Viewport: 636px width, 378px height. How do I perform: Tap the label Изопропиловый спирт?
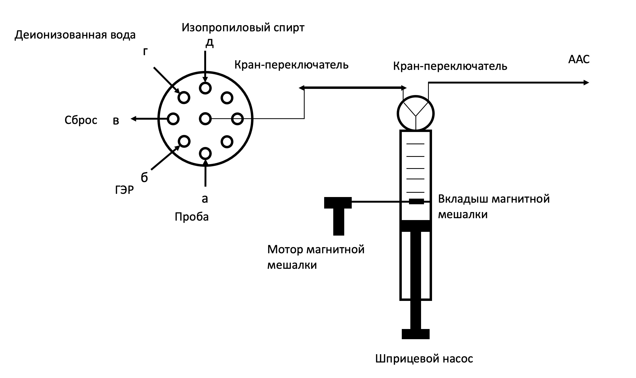click(243, 28)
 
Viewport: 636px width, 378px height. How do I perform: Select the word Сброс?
click(81, 120)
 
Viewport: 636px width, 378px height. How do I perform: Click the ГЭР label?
click(124, 190)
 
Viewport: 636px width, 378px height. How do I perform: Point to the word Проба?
click(192, 217)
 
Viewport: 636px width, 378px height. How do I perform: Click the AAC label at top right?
click(579, 59)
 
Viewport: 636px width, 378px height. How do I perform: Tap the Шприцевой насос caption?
click(424, 359)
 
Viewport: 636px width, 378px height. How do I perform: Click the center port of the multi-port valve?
click(205, 119)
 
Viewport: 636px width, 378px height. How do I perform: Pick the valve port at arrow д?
click(205, 88)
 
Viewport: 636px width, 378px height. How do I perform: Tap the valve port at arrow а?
click(205, 153)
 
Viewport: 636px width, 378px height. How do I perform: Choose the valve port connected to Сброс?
click(173, 119)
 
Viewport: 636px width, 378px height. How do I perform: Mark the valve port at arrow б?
click(184, 141)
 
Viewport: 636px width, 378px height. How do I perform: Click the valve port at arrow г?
click(184, 97)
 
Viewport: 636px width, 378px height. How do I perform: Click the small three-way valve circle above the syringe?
click(415, 113)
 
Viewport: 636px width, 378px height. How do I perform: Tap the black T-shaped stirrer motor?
click(338, 211)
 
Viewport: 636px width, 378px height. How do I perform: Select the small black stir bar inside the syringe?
click(416, 201)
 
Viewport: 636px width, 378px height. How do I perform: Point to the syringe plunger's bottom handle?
click(415, 334)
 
